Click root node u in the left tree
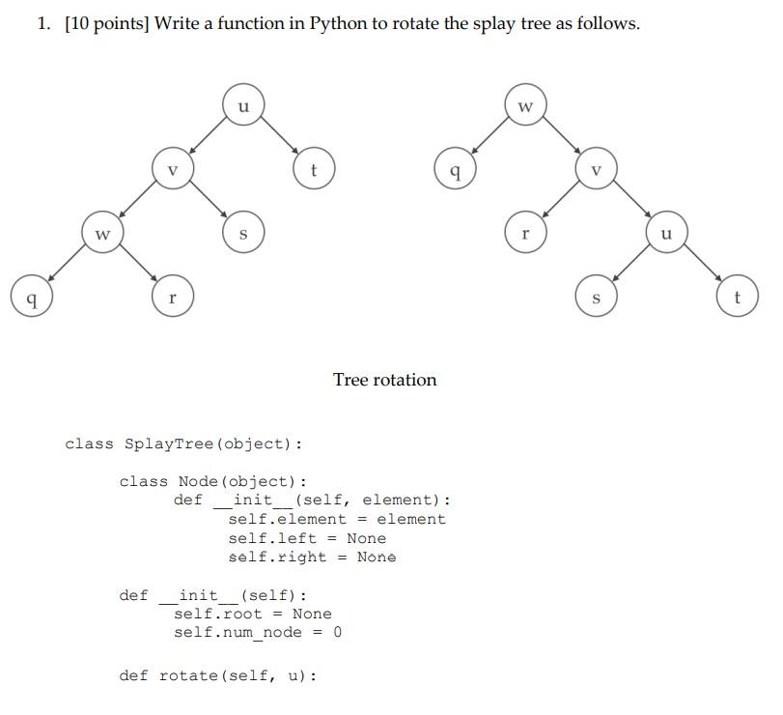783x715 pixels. coord(243,104)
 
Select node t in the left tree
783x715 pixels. coord(313,169)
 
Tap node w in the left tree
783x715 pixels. coord(102,234)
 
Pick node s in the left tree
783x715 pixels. coord(242,234)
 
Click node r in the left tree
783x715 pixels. coord(172,297)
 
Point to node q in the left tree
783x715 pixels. coord(32,297)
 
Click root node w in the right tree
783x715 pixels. coord(525,104)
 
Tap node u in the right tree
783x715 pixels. coord(666,234)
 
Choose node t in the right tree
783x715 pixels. coord(737,297)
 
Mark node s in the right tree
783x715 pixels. coord(596,297)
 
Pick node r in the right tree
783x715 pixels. coord(525,234)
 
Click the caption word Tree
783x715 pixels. coord(350,380)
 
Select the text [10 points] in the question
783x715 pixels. coord(107,23)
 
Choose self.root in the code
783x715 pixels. coord(218,614)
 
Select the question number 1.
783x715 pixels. coord(43,23)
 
